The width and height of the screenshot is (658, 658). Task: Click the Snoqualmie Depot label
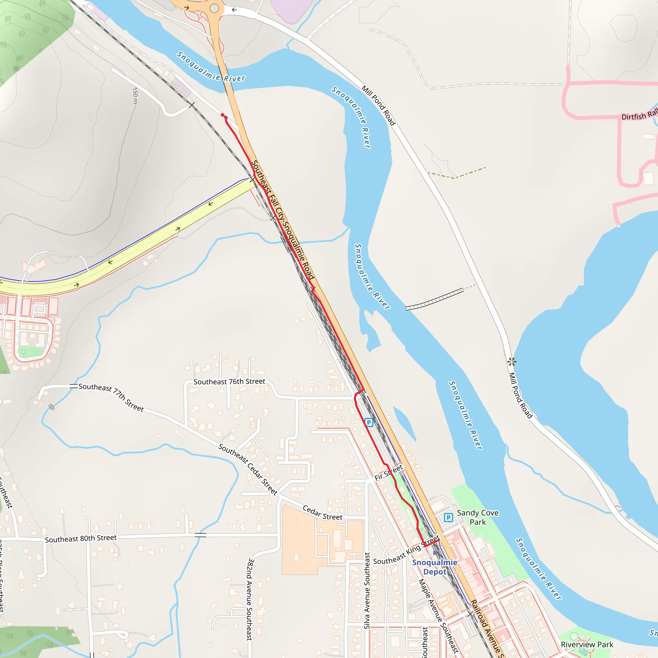[x=435, y=567]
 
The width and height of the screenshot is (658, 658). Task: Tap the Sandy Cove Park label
[x=477, y=517]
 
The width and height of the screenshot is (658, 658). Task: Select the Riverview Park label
[x=587, y=645]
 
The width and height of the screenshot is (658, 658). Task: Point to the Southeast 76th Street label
[x=229, y=382]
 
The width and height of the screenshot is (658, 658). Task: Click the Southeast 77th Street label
[x=111, y=397]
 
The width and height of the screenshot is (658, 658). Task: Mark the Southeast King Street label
[x=406, y=551]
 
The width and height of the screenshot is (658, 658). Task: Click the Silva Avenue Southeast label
[x=367, y=591]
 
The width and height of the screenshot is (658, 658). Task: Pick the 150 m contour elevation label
[x=135, y=96]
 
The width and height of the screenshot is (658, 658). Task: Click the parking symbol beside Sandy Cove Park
[x=449, y=518]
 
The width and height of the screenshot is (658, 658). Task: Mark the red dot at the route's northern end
[x=222, y=115]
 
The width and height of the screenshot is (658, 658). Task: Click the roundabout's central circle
[x=214, y=8]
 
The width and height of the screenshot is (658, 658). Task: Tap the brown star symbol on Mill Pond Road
[x=511, y=361]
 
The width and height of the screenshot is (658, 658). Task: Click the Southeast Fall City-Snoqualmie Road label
[x=283, y=220]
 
